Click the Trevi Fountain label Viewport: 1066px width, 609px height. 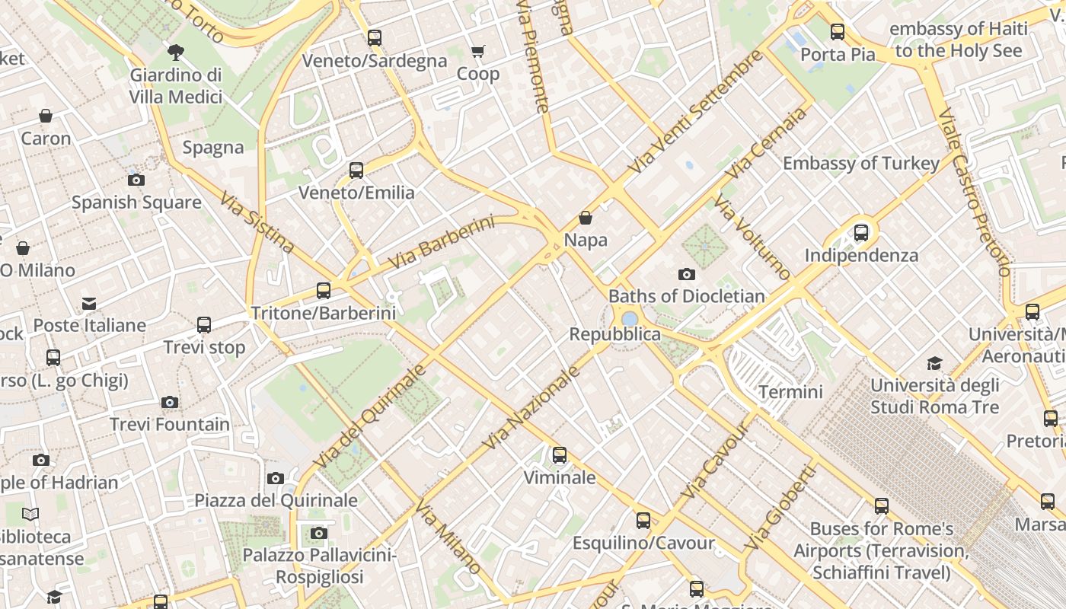click(170, 424)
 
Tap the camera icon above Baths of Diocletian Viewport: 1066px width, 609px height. click(686, 274)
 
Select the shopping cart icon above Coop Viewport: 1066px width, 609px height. click(477, 52)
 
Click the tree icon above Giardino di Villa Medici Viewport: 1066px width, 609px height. click(176, 53)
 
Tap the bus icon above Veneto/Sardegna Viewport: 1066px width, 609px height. click(374, 37)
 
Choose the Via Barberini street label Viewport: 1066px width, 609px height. click(441, 243)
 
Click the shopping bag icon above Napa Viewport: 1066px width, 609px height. click(586, 218)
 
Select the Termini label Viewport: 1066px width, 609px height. click(791, 392)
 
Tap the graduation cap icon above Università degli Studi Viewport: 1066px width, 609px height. click(934, 363)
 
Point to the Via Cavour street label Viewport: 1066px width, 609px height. click(716, 461)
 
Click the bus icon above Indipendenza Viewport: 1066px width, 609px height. click(861, 233)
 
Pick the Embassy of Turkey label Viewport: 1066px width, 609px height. click(861, 163)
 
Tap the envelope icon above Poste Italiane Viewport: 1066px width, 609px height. click(89, 304)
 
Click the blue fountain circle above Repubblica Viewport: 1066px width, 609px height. click(630, 318)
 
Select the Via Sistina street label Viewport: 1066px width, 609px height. click(257, 222)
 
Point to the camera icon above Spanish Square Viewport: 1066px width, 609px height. click(136, 180)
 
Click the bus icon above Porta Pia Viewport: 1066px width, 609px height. click(838, 32)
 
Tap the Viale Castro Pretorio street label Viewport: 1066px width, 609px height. click(975, 192)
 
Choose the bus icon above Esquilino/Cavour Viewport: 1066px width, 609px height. click(643, 521)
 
